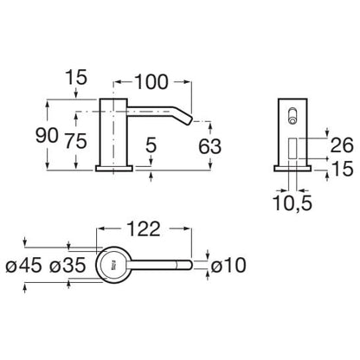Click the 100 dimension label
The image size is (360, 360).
[x=151, y=82]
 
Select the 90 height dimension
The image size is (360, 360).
[x=47, y=136]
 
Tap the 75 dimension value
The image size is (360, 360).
[x=75, y=141]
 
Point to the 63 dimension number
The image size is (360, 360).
[x=210, y=146]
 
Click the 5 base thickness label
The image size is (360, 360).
[x=151, y=145]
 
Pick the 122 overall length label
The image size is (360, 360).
[x=144, y=228]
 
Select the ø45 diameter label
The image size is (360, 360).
[x=23, y=265]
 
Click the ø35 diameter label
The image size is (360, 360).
[x=67, y=265]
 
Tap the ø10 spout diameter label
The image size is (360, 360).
[x=228, y=265]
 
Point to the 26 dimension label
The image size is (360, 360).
[x=342, y=145]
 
